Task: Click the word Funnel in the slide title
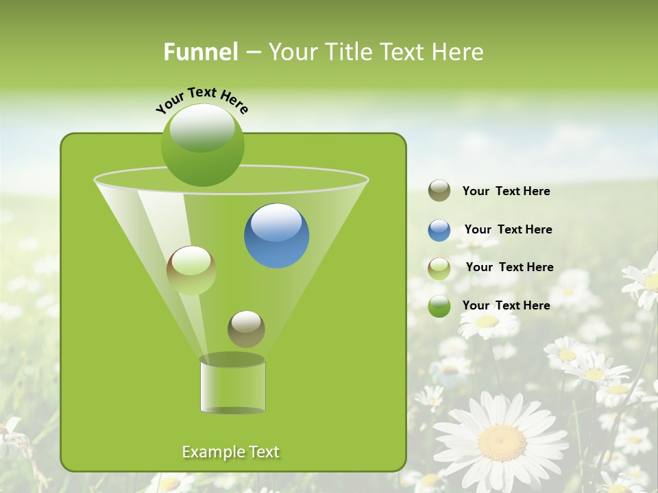(200, 52)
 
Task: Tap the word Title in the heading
(349, 52)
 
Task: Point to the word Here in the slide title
(457, 52)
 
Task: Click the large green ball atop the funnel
(202, 144)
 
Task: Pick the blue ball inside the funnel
(276, 236)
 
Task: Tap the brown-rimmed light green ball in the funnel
(191, 270)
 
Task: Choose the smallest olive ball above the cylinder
(246, 329)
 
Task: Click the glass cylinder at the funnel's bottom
(232, 385)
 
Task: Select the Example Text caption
(230, 452)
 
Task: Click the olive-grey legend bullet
(439, 191)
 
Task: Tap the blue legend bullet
(439, 230)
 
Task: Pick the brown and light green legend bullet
(439, 268)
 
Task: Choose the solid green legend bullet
(439, 306)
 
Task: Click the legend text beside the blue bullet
(508, 229)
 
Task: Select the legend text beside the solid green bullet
(506, 305)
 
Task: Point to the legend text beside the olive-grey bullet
(506, 191)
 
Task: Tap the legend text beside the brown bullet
(509, 267)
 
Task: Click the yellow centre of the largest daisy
(502, 442)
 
